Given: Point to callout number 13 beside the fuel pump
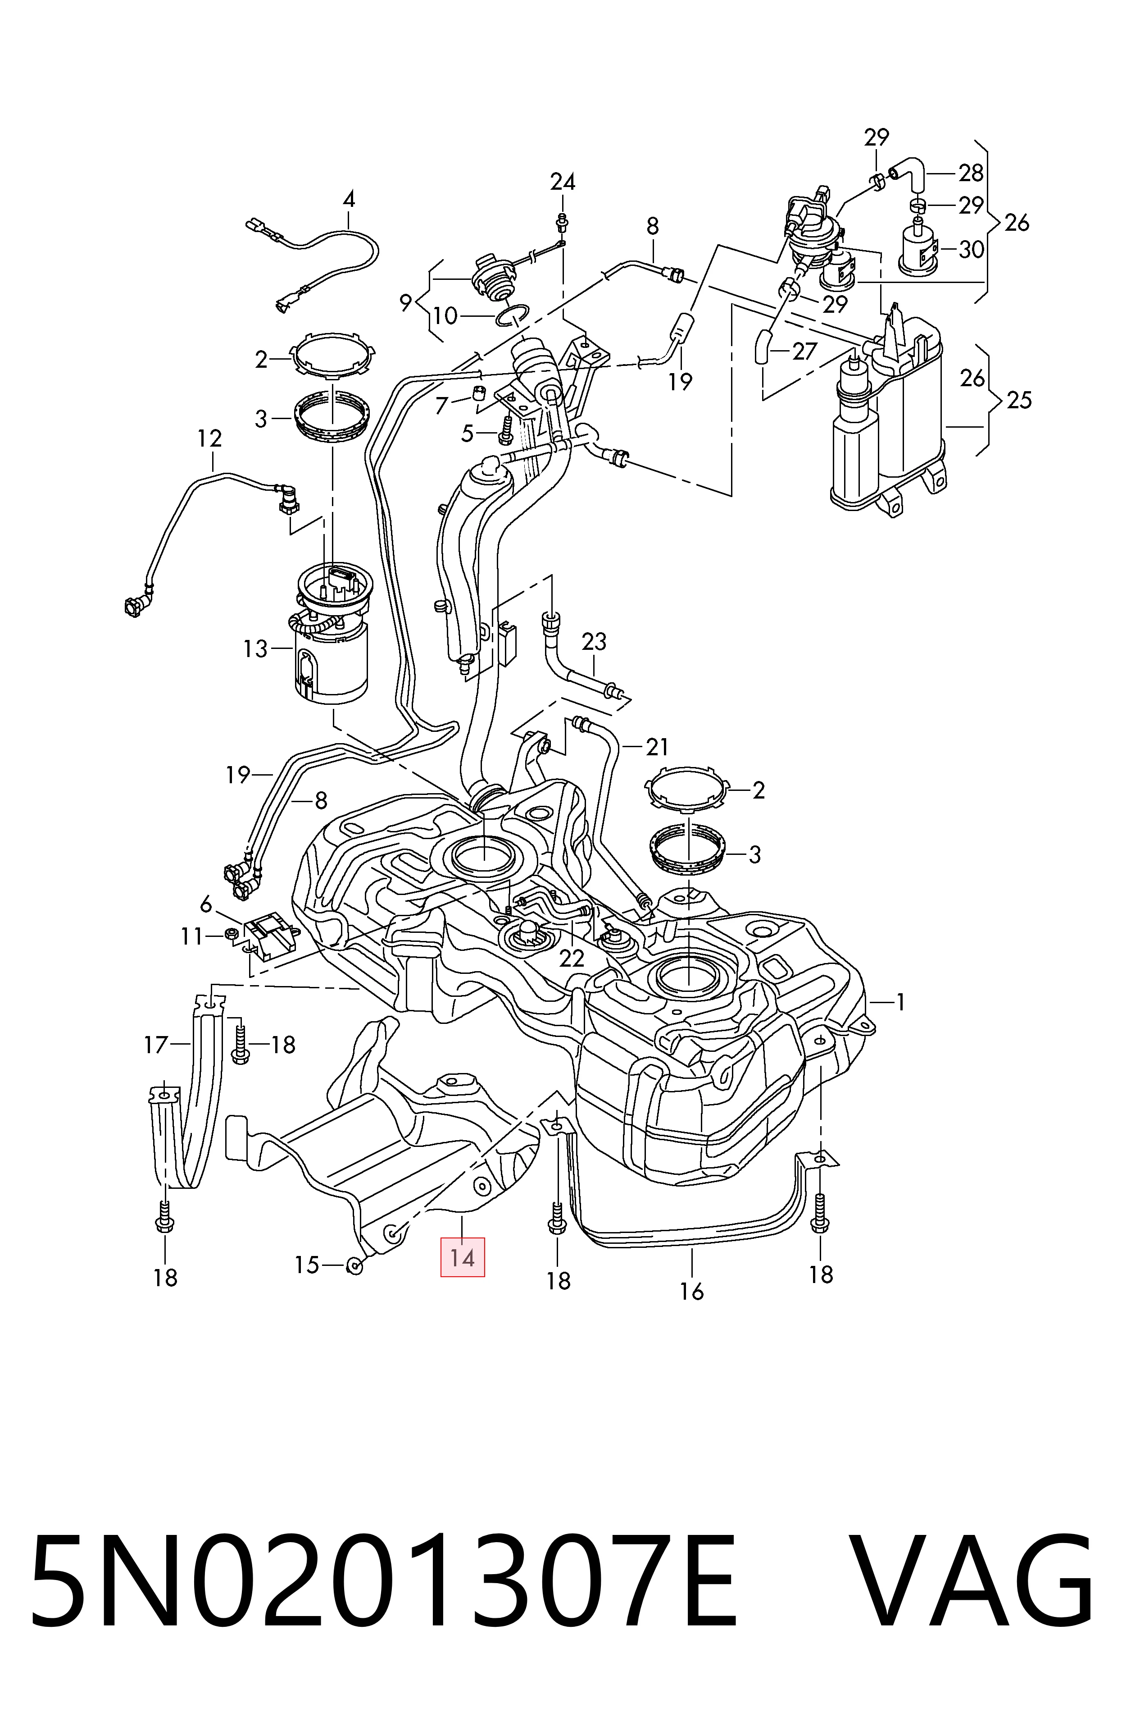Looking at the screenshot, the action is pyautogui.click(x=255, y=648).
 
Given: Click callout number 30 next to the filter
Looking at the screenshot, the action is pyautogui.click(x=971, y=250).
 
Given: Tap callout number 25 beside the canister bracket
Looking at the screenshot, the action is pyautogui.click(x=1018, y=400).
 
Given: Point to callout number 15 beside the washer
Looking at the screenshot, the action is pyautogui.click(x=307, y=1265).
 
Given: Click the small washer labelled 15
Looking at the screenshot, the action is pyautogui.click(x=355, y=1267).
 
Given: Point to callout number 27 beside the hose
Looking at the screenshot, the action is pyautogui.click(x=804, y=351).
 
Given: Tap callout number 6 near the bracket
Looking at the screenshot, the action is pyautogui.click(x=206, y=904).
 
